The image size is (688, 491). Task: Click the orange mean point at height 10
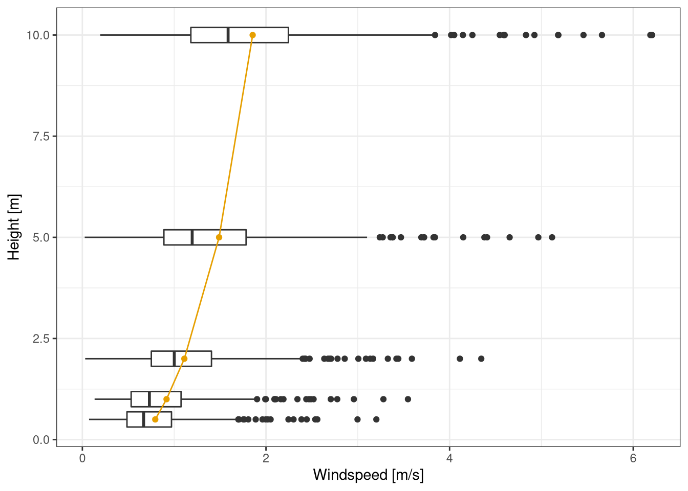tap(252, 35)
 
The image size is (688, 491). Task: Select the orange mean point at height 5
tap(219, 237)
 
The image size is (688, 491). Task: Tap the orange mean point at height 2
tap(184, 359)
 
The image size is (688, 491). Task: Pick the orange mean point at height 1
tap(166, 399)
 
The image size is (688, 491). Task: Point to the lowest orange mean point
tap(155, 419)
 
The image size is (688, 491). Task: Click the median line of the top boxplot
tap(228, 35)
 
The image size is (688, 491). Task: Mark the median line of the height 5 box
tap(192, 237)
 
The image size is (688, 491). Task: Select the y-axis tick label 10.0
tap(37, 35)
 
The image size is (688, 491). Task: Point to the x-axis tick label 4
tap(449, 458)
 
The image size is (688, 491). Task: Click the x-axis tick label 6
tap(633, 458)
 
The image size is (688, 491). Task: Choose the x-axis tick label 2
tap(266, 458)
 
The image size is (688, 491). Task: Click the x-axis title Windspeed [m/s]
tap(368, 475)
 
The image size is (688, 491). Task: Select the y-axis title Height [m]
tap(14, 227)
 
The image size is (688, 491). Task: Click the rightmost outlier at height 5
tap(552, 237)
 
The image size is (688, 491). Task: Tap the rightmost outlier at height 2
tap(481, 359)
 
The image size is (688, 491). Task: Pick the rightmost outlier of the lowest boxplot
tap(376, 419)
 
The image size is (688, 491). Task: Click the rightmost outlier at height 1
tap(408, 399)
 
